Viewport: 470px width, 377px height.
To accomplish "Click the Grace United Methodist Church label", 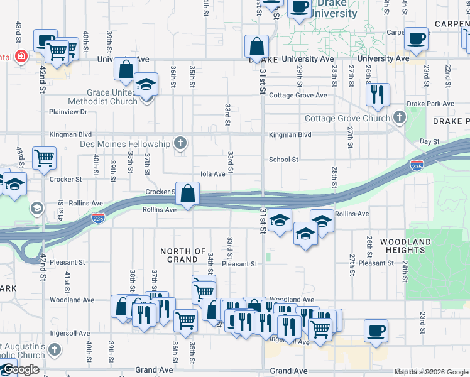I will pos(112,97).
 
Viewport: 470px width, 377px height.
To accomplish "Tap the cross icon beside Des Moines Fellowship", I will pos(180,143).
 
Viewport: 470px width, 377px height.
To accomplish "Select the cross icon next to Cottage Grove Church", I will pos(399,117).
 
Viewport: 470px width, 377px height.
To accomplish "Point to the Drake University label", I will pos(336,9).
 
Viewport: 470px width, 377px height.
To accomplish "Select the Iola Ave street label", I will pos(212,174).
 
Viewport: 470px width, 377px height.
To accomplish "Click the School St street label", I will pos(283,160).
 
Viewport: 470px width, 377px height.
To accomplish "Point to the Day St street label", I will pos(429,142).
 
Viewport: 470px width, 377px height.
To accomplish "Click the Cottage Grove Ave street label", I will pos(298,96).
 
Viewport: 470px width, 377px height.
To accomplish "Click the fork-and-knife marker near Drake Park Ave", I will pos(378,94).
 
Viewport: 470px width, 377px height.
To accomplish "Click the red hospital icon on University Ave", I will pos(21,56).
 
